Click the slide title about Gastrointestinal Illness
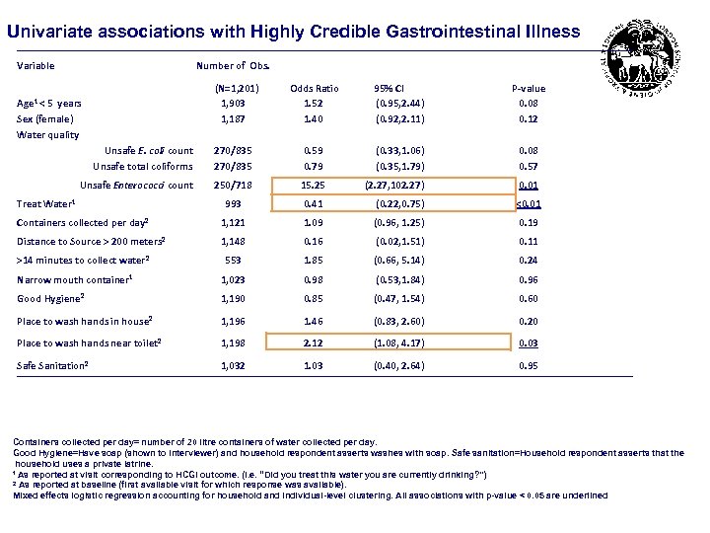coord(294,32)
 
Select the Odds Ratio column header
coord(314,89)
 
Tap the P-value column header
coord(529,89)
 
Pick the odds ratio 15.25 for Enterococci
coord(314,185)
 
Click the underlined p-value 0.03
coord(529,343)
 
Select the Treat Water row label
coord(46,204)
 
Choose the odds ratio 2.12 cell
coord(314,343)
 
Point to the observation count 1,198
coord(234,343)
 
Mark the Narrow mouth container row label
coord(75,279)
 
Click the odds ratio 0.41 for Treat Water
coord(314,204)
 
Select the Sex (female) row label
coord(45,118)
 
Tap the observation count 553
coord(234,261)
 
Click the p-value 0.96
coord(529,279)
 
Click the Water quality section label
coord(48,135)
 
